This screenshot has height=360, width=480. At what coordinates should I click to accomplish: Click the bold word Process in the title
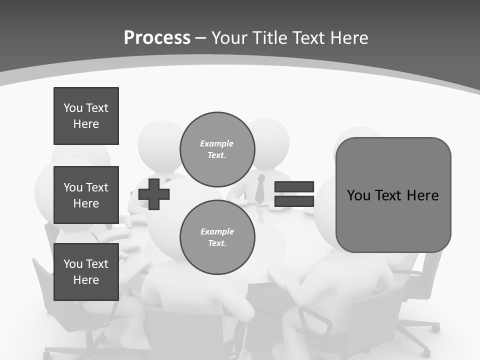pos(157,38)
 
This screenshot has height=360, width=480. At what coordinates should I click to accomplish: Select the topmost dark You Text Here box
pos(86,116)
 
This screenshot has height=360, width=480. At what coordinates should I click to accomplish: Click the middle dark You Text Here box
pos(86,195)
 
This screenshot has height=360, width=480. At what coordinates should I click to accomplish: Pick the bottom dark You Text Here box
pos(86,271)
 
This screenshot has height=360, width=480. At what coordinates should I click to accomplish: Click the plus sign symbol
pos(154,194)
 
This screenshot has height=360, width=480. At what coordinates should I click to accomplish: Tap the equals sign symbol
pos(294,194)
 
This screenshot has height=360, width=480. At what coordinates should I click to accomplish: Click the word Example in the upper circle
pos(216,143)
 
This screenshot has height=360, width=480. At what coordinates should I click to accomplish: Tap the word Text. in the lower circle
pos(217,243)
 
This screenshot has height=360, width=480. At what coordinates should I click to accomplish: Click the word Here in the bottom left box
pos(86,280)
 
